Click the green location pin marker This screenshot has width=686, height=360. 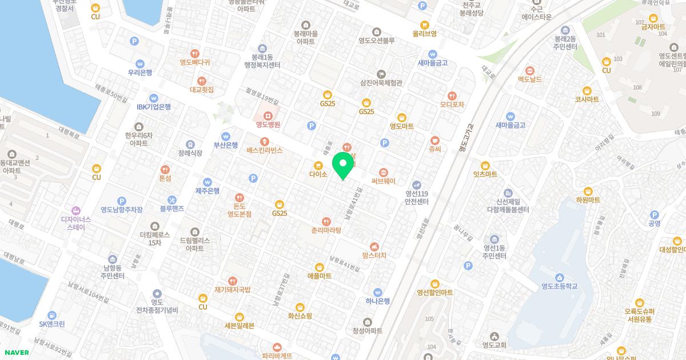click(x=343, y=165)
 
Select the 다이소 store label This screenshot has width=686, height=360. click(x=318, y=174)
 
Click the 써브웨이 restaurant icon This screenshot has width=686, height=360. click(x=383, y=171)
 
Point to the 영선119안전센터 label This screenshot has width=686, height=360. click(x=416, y=197)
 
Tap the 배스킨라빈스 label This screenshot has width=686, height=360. click(x=265, y=150)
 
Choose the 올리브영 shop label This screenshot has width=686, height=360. click(x=424, y=34)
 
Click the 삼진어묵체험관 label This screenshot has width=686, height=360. click(x=381, y=83)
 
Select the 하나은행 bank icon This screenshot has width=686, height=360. click(x=377, y=292)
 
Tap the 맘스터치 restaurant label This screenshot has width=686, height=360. click(x=374, y=255)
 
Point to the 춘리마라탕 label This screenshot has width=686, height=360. click(x=326, y=230)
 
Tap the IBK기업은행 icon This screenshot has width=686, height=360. click(x=154, y=98)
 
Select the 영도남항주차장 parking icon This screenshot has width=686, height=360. click(x=121, y=201)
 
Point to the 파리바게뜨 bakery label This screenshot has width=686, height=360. click(x=277, y=355)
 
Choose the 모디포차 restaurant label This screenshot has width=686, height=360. click(x=452, y=105)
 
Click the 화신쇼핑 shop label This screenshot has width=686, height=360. click(x=300, y=315)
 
